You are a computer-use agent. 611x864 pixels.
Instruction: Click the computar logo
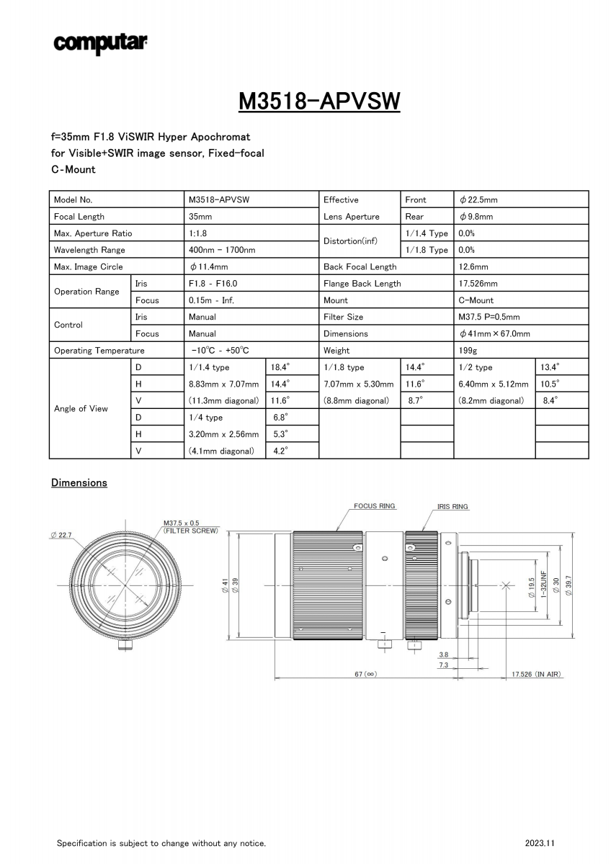tap(100, 43)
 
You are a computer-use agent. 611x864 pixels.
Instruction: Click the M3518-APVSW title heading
tap(319, 102)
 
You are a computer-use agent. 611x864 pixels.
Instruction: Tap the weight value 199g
tap(468, 351)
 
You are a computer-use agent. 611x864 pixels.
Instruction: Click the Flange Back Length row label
tap(362, 284)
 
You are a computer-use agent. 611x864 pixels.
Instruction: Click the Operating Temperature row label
tap(99, 351)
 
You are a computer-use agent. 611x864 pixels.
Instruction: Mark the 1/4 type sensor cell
tap(206, 418)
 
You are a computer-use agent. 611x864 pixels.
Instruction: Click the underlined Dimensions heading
tap(79, 482)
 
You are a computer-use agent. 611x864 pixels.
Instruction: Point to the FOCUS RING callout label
tap(375, 506)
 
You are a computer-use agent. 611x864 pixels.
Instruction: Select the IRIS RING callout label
tap(452, 507)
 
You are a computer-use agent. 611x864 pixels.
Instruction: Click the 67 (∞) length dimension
tap(366, 675)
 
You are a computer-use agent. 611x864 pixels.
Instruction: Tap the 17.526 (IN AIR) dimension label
tap(536, 675)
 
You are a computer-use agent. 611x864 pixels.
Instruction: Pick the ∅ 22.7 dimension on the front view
tap(63, 535)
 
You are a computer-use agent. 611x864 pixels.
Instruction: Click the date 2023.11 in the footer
tap(540, 843)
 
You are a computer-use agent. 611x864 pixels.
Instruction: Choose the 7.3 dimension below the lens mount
tap(443, 665)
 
